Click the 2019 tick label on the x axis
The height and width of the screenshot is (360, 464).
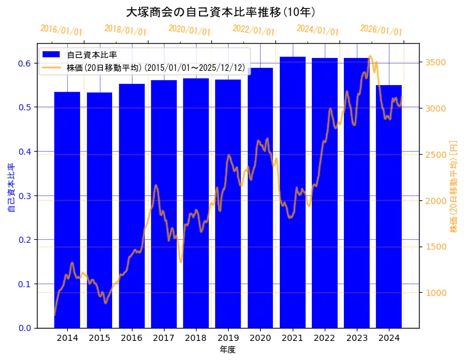pyautogui.click(x=228, y=338)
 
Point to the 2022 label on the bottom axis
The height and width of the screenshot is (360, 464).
pyautogui.click(x=325, y=338)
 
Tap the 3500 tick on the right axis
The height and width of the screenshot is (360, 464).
pyautogui.click(x=436, y=62)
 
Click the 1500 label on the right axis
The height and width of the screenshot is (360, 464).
pyautogui.click(x=436, y=247)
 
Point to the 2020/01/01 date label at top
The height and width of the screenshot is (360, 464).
pyautogui.click(x=189, y=30)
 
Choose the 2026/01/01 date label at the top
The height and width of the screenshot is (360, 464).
pyautogui.click(x=381, y=30)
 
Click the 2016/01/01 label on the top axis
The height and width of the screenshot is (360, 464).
pyautogui.click(x=61, y=30)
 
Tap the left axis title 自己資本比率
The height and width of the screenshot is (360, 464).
pyautogui.click(x=11, y=188)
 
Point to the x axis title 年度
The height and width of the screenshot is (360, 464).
pyautogui.click(x=228, y=350)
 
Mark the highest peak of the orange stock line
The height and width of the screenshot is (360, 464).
pyautogui.click(x=370, y=56)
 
